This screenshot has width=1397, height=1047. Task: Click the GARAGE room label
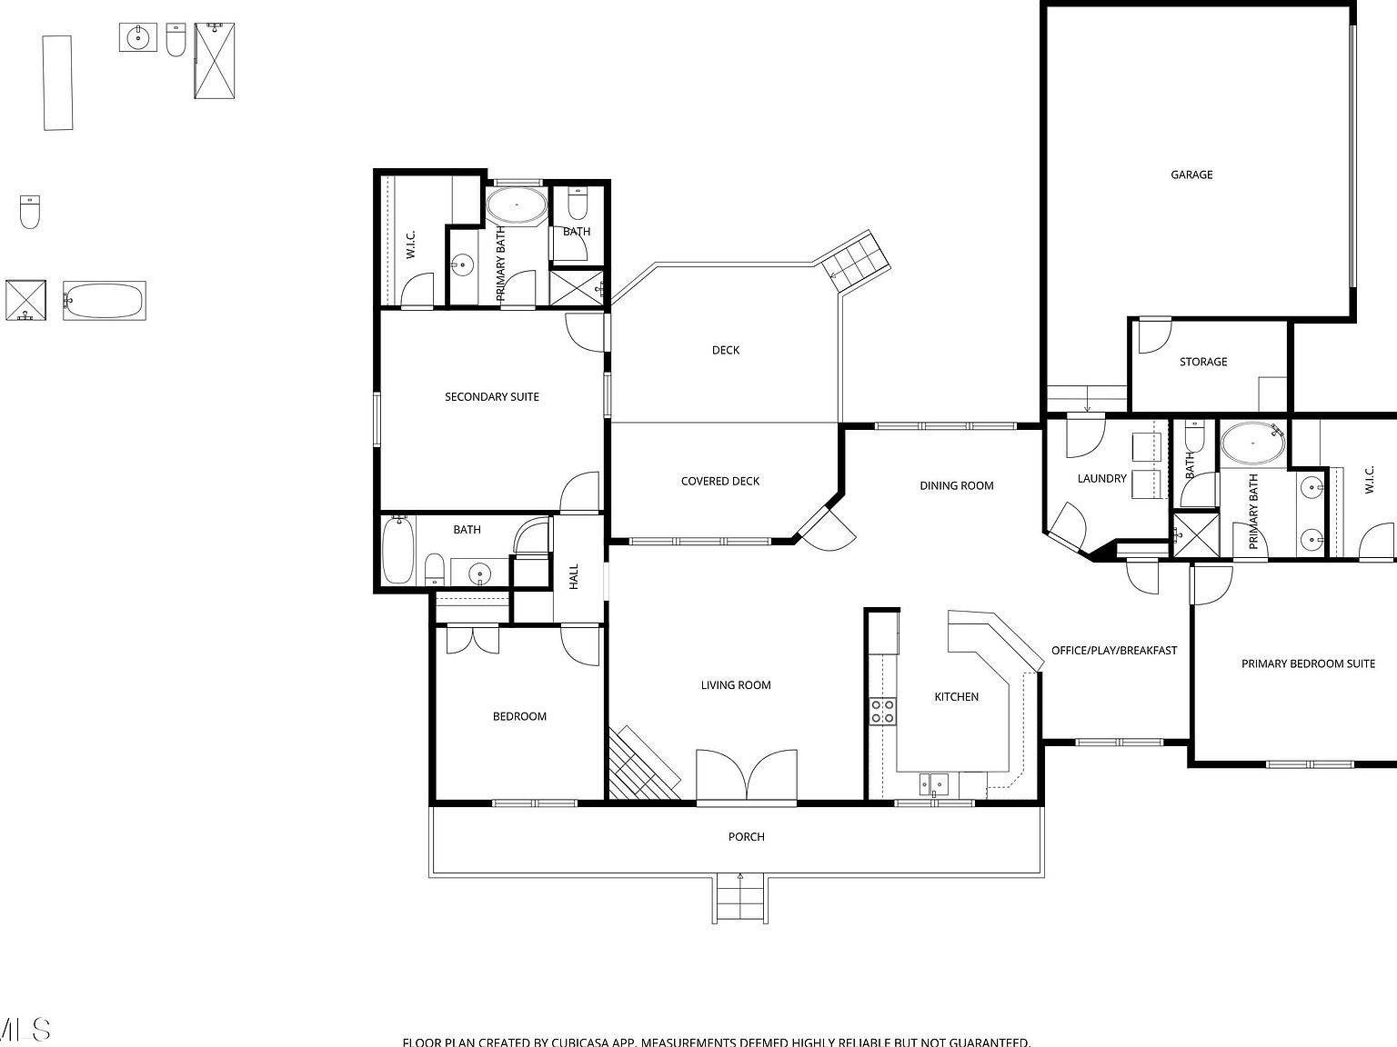(x=1191, y=174)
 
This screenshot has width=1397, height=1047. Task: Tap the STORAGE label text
(x=1202, y=362)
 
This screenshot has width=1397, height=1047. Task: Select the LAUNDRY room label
(x=1101, y=478)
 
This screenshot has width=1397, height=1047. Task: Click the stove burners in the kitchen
(x=881, y=711)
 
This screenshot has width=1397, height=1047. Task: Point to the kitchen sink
(x=933, y=783)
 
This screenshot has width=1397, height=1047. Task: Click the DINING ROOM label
(x=956, y=485)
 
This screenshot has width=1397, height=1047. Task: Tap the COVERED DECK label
(x=719, y=481)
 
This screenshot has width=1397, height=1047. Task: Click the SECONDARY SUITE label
(x=491, y=396)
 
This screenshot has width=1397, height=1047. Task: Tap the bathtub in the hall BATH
(x=397, y=550)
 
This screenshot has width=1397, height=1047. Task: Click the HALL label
(x=574, y=576)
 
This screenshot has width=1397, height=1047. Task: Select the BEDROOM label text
(x=519, y=716)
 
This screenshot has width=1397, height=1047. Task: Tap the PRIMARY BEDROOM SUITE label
(x=1308, y=663)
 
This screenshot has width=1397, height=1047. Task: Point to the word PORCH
(x=746, y=836)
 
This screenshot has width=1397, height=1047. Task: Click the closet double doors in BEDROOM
(x=471, y=641)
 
